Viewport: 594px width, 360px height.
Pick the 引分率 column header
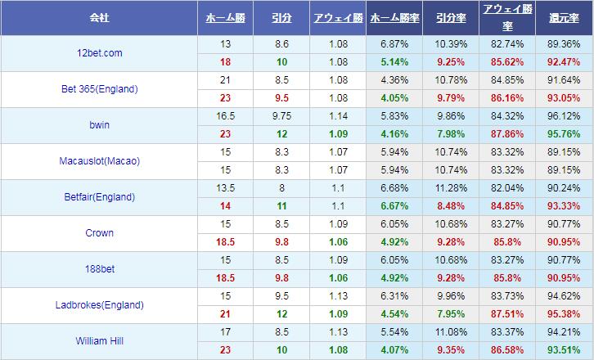(x=452, y=17)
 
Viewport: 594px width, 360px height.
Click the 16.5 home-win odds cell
(x=224, y=117)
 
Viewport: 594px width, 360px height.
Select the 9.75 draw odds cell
(x=281, y=117)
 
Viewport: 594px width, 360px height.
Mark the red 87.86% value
(x=507, y=133)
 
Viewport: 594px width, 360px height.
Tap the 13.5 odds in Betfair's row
(x=224, y=189)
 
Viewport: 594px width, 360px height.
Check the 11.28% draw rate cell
(x=452, y=189)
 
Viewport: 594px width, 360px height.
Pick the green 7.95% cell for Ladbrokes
(x=452, y=314)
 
